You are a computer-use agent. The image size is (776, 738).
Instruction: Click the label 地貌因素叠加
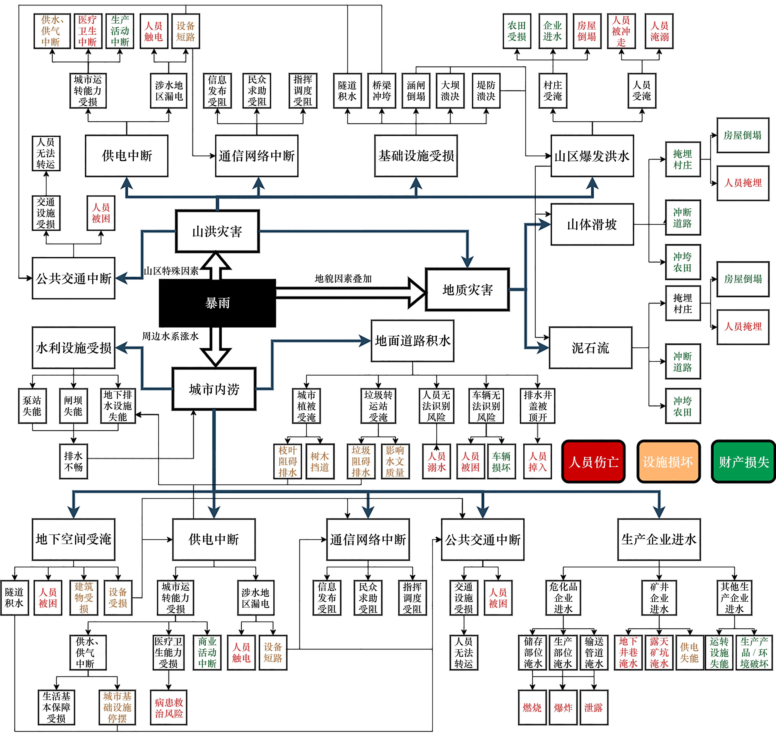coord(343,279)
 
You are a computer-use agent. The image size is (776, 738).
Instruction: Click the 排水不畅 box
coord(74,461)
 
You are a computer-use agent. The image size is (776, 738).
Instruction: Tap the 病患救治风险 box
coord(169,707)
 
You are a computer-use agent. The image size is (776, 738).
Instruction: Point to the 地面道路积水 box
coord(412,341)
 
